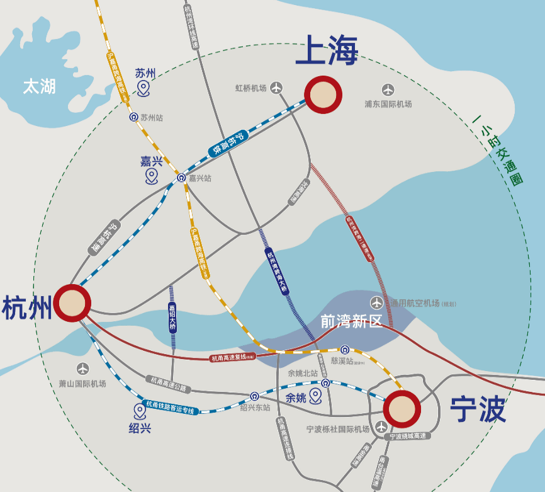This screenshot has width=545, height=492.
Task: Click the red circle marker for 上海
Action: point(323,94)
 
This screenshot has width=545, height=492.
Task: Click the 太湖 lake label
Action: point(39,86)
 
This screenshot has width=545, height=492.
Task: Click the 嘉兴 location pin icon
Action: point(151,176)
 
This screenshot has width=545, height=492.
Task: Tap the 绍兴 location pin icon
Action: point(140,412)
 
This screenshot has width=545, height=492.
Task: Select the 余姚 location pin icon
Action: point(315,396)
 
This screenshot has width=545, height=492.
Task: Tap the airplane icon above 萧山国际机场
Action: point(82,369)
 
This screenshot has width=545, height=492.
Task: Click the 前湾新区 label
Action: point(351,321)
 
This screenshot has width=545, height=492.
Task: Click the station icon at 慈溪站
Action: point(345,350)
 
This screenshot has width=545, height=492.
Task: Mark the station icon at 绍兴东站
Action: point(254,396)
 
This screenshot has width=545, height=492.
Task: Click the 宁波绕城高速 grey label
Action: point(408,436)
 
